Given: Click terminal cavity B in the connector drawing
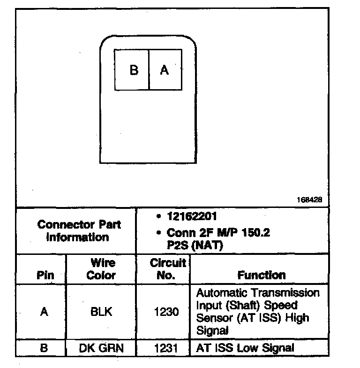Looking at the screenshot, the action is click(x=132, y=70).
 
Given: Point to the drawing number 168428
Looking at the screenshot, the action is click(x=309, y=199).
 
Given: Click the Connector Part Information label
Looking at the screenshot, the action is click(x=79, y=230).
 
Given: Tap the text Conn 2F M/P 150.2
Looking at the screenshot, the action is click(x=218, y=233).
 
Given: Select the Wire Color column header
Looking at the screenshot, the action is click(x=102, y=269).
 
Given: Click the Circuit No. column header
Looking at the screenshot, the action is click(x=167, y=269).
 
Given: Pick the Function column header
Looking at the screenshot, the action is click(x=262, y=275).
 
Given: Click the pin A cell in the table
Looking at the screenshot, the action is click(x=44, y=312).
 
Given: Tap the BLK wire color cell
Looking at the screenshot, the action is click(x=102, y=312).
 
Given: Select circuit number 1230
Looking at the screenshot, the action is click(x=166, y=312).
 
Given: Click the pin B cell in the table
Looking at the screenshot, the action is click(x=44, y=348).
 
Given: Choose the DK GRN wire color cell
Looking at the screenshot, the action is click(x=102, y=348).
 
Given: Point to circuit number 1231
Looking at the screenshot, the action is click(x=166, y=348).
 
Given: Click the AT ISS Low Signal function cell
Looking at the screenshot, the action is click(x=245, y=348).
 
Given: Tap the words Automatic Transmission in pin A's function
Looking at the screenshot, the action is click(x=258, y=293).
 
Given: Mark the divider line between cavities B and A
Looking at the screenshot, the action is click(x=149, y=70).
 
